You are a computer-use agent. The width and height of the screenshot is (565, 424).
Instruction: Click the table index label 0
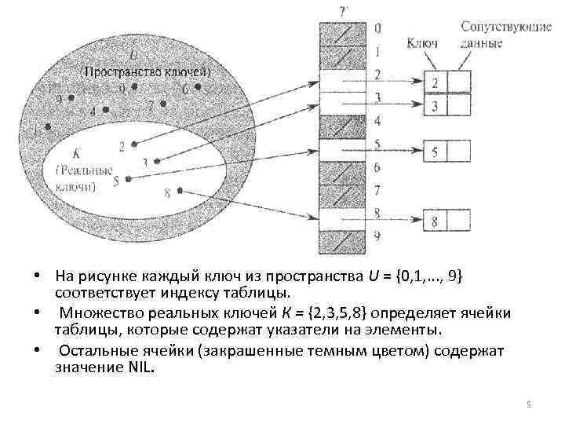[x=378, y=29]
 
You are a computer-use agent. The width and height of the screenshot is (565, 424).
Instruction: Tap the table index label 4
[x=378, y=122]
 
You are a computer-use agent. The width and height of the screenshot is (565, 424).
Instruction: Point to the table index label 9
[x=378, y=236]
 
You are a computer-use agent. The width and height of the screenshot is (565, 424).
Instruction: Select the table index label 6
[x=378, y=167]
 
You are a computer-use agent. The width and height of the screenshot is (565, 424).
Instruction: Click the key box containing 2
[x=435, y=82]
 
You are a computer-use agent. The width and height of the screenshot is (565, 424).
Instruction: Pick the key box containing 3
[x=435, y=104]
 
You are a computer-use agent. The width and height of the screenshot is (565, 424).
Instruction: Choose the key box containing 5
[x=435, y=152]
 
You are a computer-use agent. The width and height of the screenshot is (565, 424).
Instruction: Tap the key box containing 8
[x=435, y=222]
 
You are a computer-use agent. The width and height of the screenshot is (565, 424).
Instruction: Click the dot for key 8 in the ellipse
[x=180, y=190]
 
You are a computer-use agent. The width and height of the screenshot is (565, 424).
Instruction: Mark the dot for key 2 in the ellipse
[x=134, y=144]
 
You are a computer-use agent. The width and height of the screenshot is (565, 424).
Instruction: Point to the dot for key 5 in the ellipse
[x=129, y=179]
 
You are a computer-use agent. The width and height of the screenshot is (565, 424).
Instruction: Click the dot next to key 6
[x=198, y=86]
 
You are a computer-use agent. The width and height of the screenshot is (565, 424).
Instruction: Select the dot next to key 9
[x=71, y=97]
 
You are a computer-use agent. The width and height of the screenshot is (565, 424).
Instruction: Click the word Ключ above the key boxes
[x=423, y=42]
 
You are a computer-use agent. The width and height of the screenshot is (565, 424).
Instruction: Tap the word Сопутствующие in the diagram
[x=494, y=27]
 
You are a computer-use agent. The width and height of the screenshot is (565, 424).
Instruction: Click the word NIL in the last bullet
[x=142, y=366]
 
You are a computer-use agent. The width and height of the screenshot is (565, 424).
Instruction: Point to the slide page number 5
[x=528, y=404]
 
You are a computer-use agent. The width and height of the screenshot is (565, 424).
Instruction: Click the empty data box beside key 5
[x=459, y=152]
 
